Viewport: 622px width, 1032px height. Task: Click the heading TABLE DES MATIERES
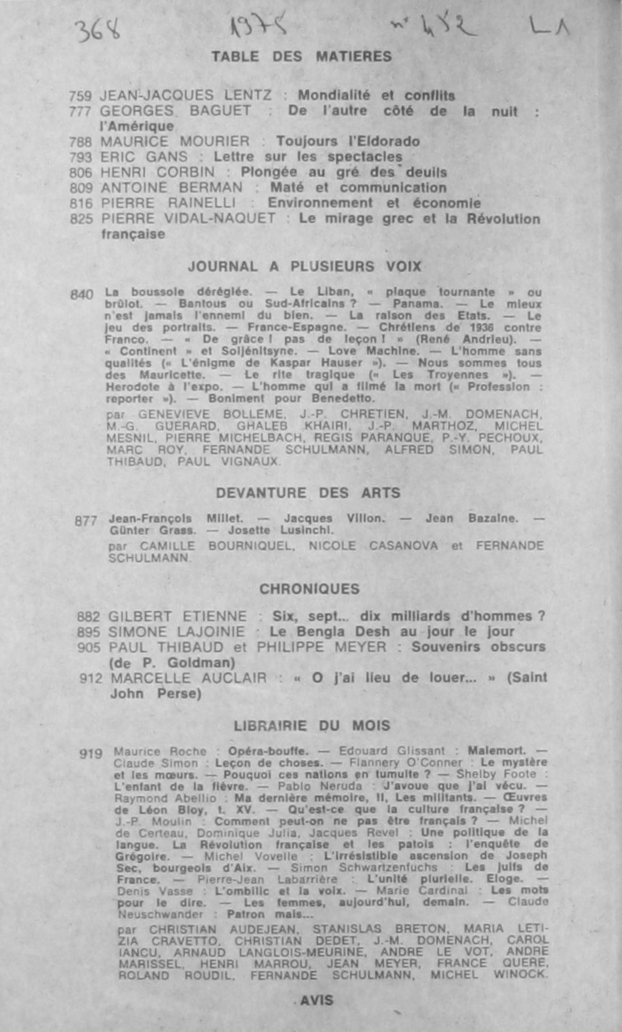(301, 56)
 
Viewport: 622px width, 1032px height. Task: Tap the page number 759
(80, 96)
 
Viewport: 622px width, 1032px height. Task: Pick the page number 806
(81, 173)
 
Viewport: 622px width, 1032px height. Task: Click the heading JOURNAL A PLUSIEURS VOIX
(305, 267)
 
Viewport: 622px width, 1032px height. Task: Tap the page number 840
(82, 295)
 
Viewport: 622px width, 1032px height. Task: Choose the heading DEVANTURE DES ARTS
(308, 493)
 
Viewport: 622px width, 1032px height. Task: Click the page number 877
(86, 522)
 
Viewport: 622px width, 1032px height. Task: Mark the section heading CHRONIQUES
(310, 589)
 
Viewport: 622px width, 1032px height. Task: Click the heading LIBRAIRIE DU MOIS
(312, 726)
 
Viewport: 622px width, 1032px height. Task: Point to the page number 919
(91, 754)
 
